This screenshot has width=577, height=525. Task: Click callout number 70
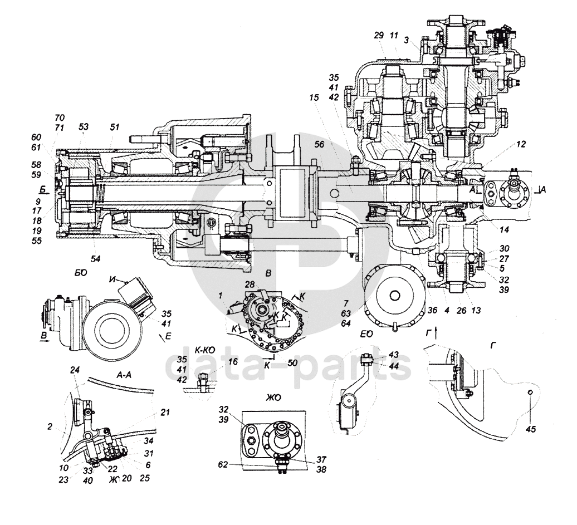click(x=60, y=118)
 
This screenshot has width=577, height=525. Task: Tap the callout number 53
click(x=83, y=127)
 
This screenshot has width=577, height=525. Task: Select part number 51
click(x=114, y=127)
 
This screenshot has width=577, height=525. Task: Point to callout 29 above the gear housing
click(x=379, y=35)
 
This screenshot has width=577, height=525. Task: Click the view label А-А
click(x=124, y=361)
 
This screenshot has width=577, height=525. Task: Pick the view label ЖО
click(x=274, y=398)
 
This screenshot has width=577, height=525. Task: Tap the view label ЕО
click(x=366, y=336)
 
